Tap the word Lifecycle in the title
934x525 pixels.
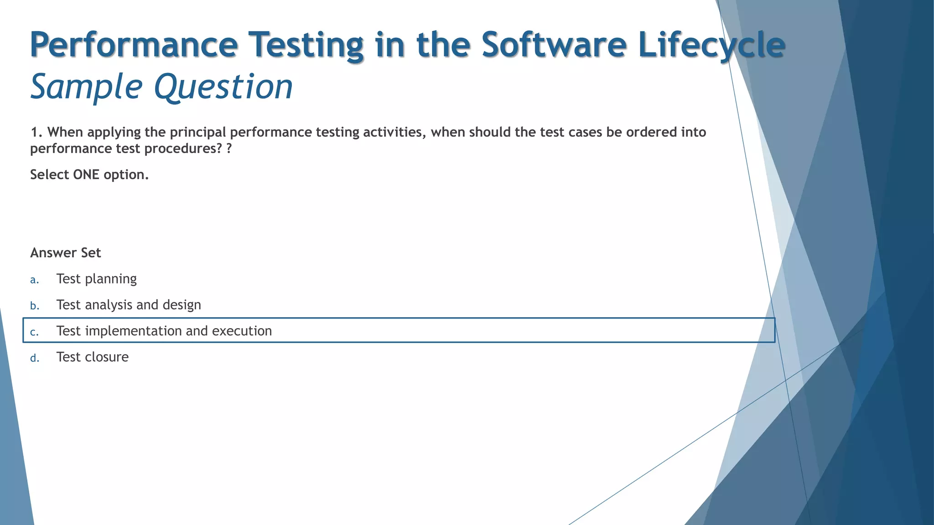point(711,45)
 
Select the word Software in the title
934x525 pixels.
point(554,45)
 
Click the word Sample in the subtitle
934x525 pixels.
point(86,87)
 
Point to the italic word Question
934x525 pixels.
point(223,87)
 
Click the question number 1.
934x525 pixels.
point(36,132)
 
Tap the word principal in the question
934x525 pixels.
point(198,132)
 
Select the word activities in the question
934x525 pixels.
point(394,132)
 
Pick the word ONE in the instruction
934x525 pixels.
point(86,175)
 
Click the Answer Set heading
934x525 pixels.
point(66,253)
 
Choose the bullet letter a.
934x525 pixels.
point(34,280)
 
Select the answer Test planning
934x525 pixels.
point(97,279)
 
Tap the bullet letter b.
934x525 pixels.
point(35,306)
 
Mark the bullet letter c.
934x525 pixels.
point(34,332)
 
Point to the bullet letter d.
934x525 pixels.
point(35,358)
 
